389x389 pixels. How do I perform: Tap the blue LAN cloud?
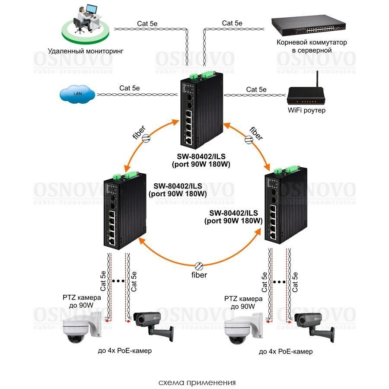[x=78, y=93]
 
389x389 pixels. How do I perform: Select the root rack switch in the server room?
[x=309, y=27]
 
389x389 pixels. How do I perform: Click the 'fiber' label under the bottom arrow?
[x=199, y=275]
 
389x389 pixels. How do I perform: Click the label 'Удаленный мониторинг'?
[x=86, y=51]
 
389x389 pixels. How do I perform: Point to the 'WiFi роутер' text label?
[x=306, y=111]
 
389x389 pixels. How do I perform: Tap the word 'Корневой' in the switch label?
[x=294, y=43]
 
